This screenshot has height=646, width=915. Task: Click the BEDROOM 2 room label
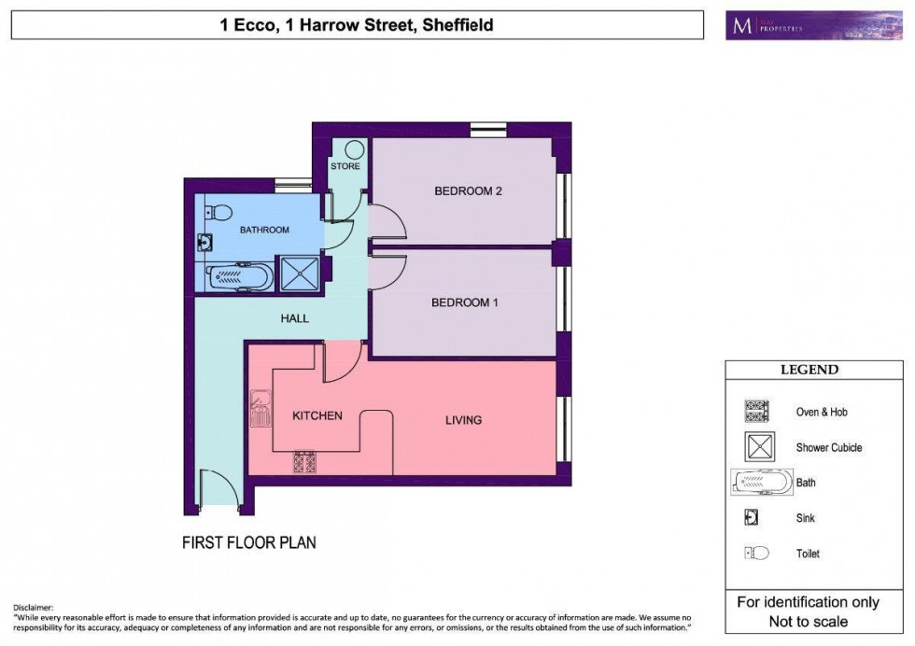pos(468,191)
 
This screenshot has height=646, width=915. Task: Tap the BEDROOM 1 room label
pos(465,302)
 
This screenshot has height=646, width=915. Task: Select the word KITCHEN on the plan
pos(317,415)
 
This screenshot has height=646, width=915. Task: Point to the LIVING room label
pos(463,420)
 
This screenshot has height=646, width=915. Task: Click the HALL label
pos(294,318)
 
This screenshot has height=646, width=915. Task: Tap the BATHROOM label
pos(264,230)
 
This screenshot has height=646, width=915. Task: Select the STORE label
pos(345,167)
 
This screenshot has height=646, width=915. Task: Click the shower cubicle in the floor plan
pos(301,275)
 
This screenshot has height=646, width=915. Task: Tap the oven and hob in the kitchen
pos(305,462)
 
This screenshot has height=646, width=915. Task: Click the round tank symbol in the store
pos(354,150)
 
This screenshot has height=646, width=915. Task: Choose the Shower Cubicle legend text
pos(828,447)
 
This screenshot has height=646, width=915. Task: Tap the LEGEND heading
pos(809,370)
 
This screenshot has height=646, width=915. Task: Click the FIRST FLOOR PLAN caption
pos(249,542)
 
